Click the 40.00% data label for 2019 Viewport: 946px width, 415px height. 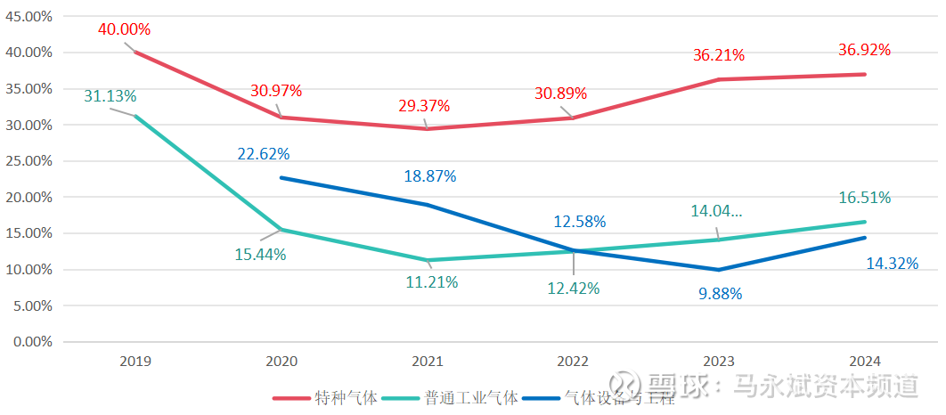[x=125, y=29]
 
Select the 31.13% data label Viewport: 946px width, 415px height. [x=110, y=96]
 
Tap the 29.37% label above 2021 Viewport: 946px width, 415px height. [x=425, y=105]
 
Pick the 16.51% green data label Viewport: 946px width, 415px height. [x=865, y=198]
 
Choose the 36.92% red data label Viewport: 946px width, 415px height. [x=865, y=50]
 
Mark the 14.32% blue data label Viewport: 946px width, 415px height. [x=892, y=264]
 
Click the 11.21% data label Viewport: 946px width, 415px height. [x=432, y=283]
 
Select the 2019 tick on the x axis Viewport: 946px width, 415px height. [x=135, y=362]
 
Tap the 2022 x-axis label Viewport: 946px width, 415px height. [x=573, y=362]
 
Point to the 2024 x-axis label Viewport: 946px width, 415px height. [x=865, y=362]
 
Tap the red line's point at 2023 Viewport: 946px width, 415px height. [x=719, y=79]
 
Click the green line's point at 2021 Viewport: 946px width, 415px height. [x=427, y=260]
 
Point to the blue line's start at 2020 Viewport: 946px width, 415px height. [x=281, y=177]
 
